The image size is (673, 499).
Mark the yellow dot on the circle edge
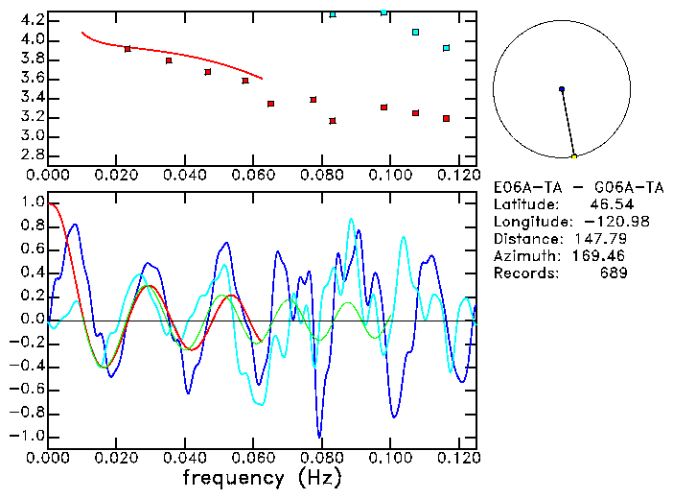pyautogui.click(x=574, y=156)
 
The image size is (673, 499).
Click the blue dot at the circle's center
pyautogui.click(x=562, y=89)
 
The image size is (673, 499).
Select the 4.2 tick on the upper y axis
pyautogui.click(x=31, y=20)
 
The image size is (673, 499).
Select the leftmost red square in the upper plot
pyautogui.click(x=128, y=49)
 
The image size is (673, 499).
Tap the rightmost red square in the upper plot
pyautogui.click(x=447, y=119)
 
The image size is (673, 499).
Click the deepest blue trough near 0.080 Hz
pyautogui.click(x=319, y=436)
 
